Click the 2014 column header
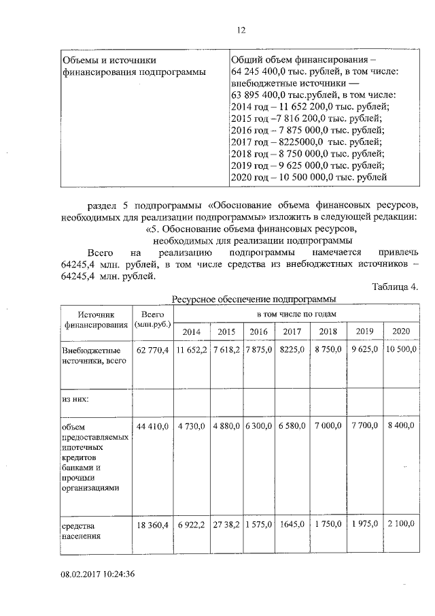[x=191, y=331]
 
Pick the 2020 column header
[x=402, y=331]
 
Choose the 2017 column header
[x=292, y=331]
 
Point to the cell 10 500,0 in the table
[x=402, y=349]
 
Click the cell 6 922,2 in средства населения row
[x=191, y=526]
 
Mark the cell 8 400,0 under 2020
[x=402, y=425]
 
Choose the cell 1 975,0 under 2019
[x=364, y=525]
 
